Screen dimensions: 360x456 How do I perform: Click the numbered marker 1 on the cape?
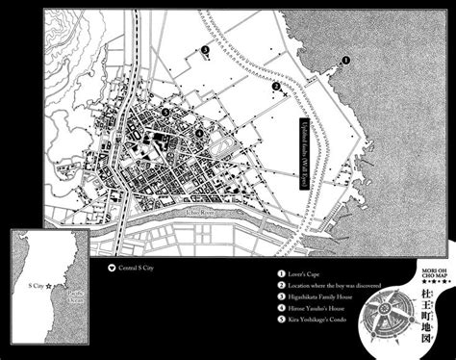pyautogui.click(x=346, y=59)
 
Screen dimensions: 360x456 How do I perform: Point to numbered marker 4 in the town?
pyautogui.click(x=198, y=133)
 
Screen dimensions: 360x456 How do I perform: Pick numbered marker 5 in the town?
pyautogui.click(x=166, y=114)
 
